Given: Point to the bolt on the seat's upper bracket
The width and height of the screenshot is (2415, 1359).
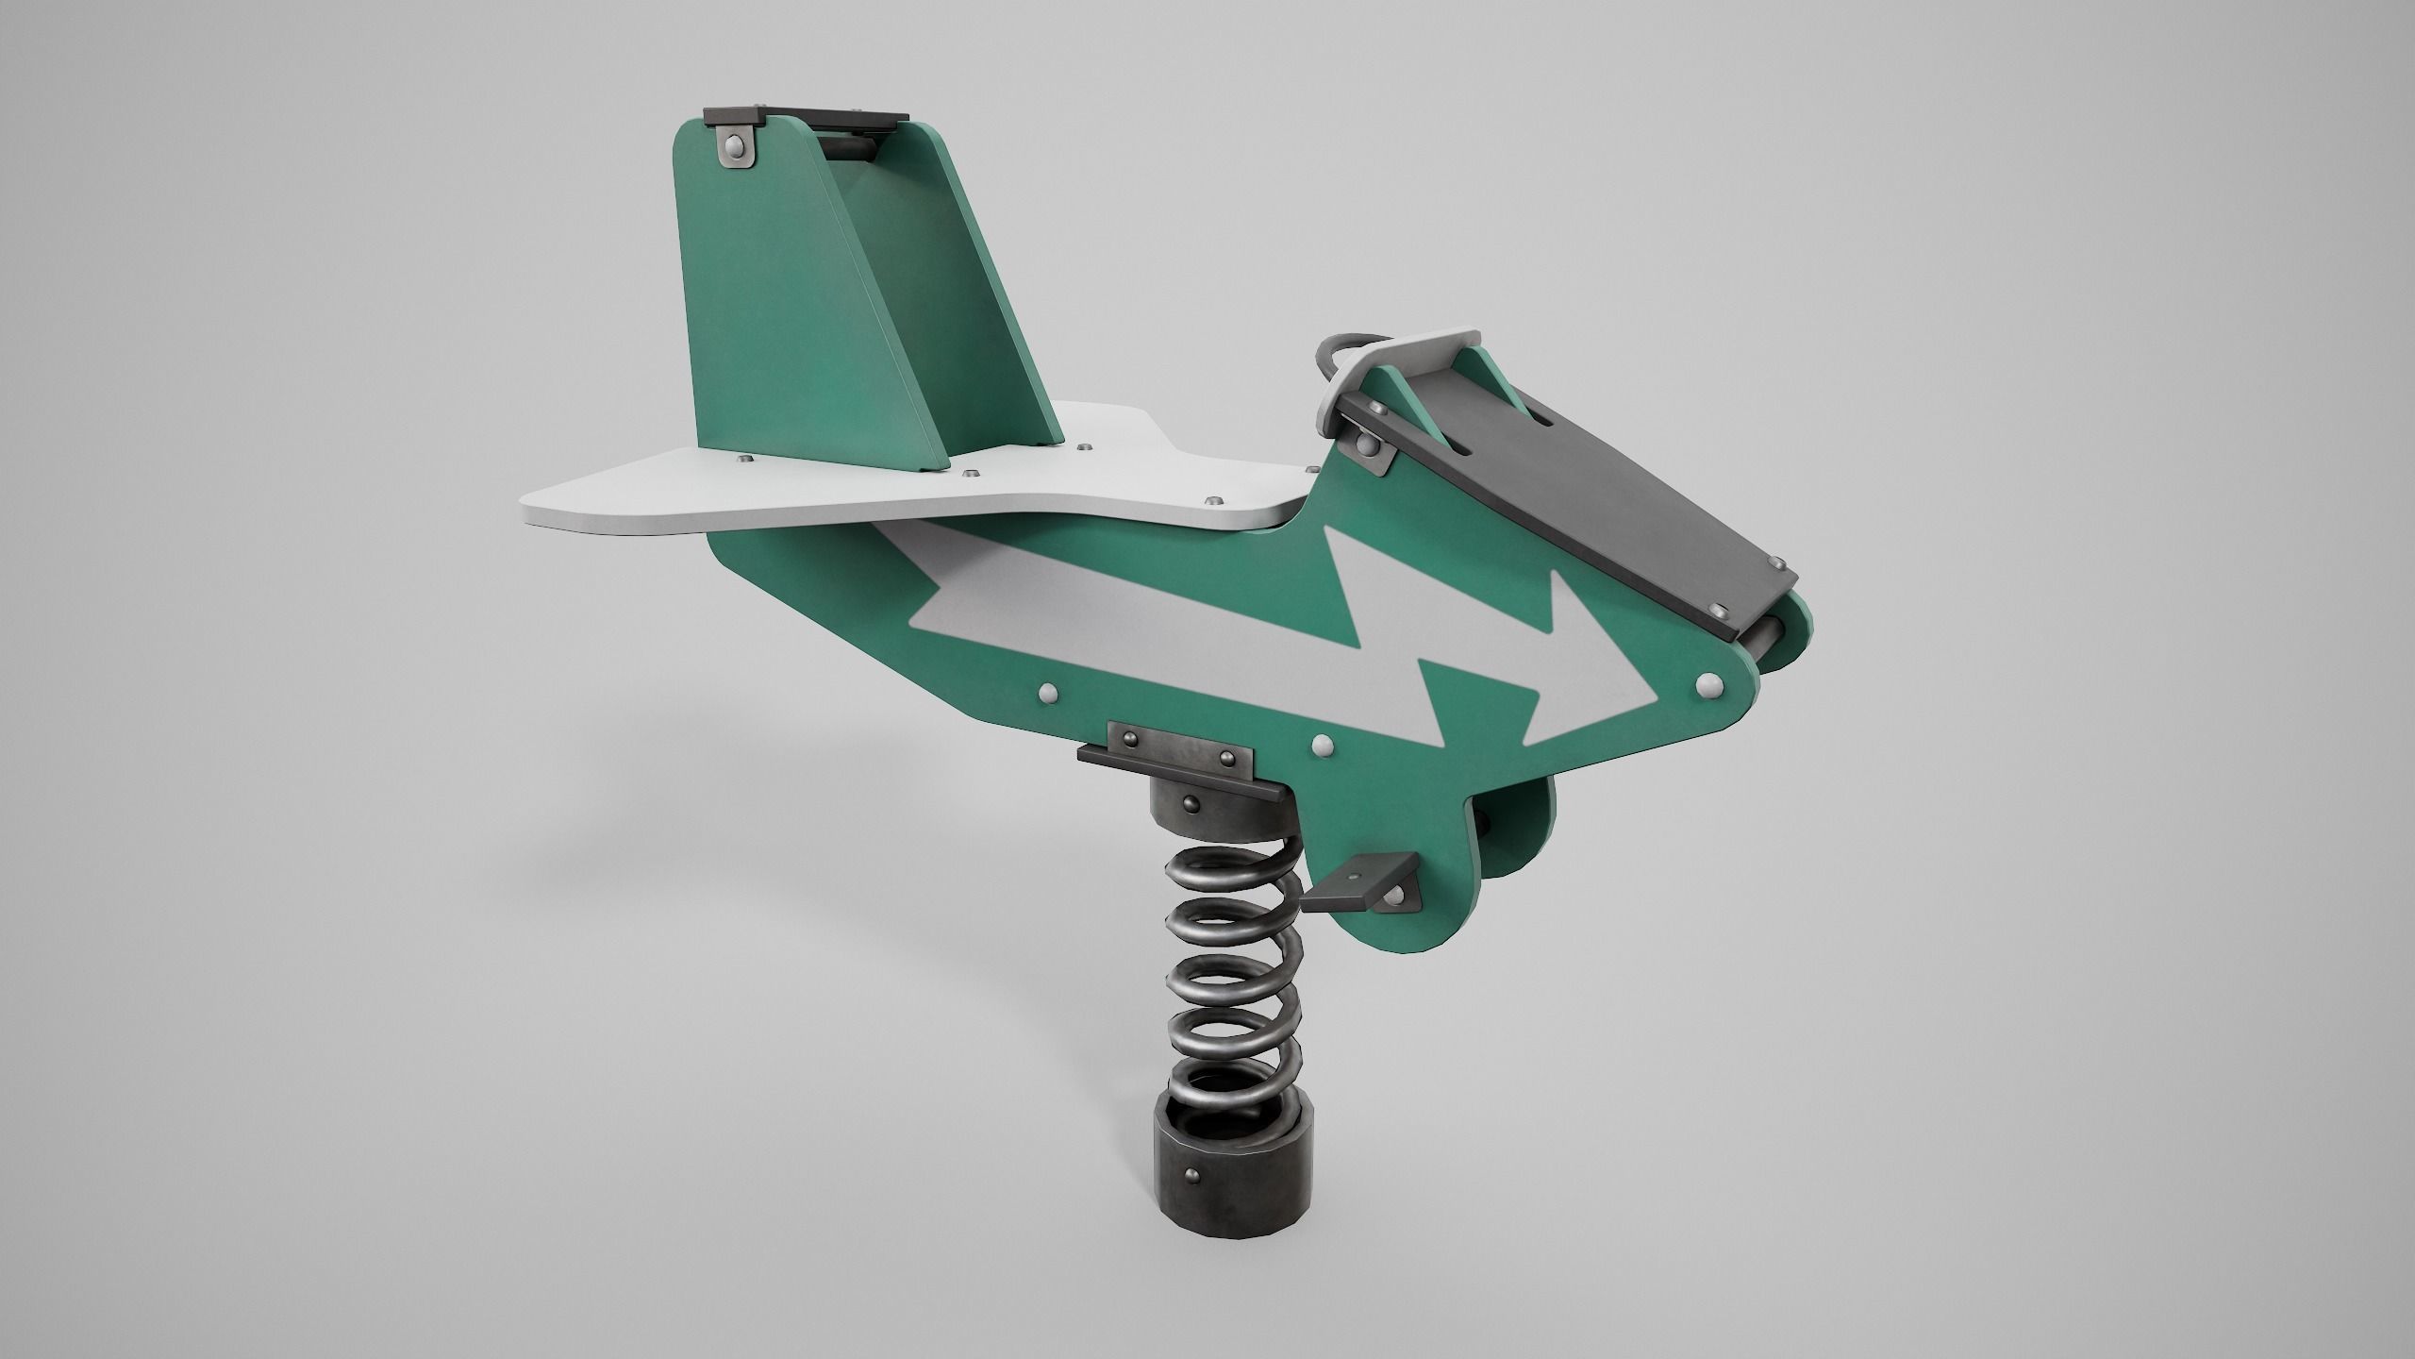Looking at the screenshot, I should pos(1365,443).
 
